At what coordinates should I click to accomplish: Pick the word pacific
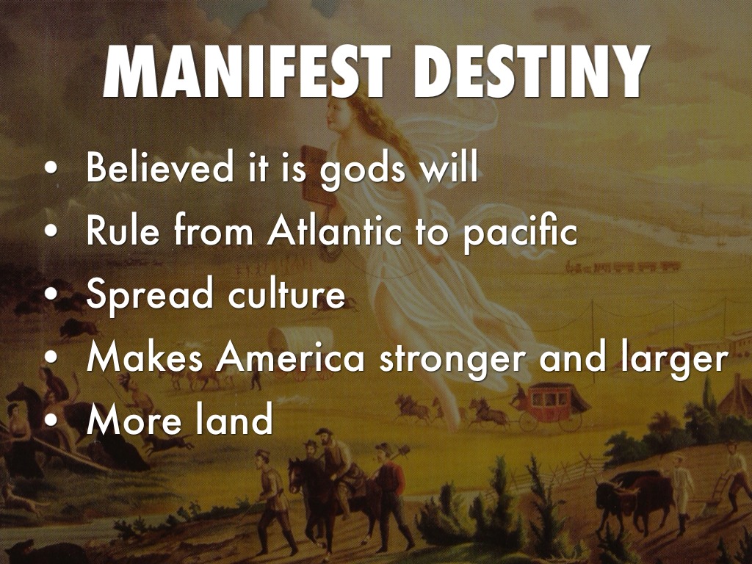[x=520, y=233]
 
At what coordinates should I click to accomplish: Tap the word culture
[x=286, y=294]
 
